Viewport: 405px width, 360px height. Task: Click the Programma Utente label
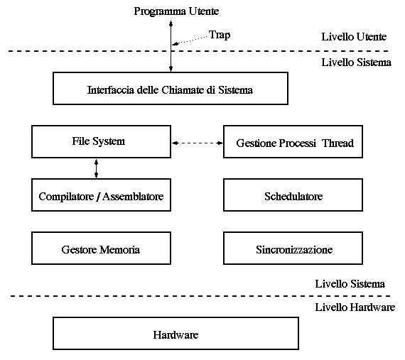[x=176, y=12]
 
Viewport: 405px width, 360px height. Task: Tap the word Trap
[x=220, y=35]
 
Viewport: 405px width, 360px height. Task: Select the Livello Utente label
[x=354, y=37]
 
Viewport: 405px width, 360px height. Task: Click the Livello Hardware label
[x=355, y=307]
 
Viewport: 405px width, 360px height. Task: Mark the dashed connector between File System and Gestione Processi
[x=198, y=143]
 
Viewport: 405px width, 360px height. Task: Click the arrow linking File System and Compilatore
[x=97, y=168]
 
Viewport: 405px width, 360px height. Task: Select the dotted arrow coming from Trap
[x=190, y=40]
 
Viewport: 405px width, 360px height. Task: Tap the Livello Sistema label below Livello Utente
[x=357, y=62]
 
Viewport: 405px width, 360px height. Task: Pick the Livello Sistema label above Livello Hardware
[x=350, y=284]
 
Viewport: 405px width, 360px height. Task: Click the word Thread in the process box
[x=337, y=143]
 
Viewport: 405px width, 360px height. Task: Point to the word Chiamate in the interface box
[x=183, y=89]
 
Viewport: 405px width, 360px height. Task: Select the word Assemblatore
[x=133, y=197]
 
